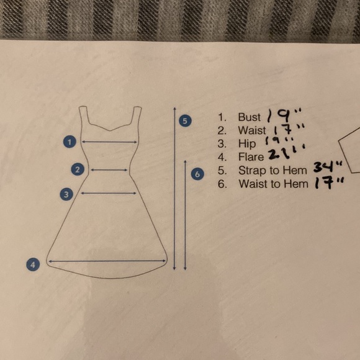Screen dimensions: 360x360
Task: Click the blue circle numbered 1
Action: click(71, 142)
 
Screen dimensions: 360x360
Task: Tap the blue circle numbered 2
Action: click(78, 169)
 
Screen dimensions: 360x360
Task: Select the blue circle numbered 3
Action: click(67, 194)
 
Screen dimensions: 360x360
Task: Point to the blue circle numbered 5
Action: click(184, 120)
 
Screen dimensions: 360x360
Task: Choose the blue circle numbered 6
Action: click(197, 174)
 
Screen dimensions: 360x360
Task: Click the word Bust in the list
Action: click(249, 117)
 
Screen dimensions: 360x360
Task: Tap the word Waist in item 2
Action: click(251, 130)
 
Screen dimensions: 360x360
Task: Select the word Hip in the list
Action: click(246, 144)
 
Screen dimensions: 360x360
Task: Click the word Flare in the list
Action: click(251, 157)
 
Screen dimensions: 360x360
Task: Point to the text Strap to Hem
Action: click(272, 170)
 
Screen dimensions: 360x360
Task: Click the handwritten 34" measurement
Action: click(321, 168)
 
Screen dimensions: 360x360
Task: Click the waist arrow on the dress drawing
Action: click(109, 169)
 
